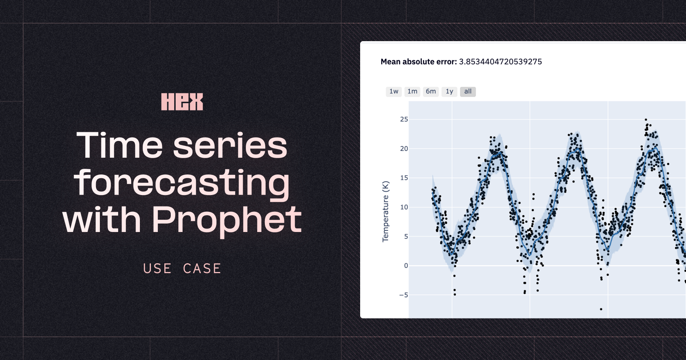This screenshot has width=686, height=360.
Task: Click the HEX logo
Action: tap(182, 102)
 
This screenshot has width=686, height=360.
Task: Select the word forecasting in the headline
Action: tap(182, 183)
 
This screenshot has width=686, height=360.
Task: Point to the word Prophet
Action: tap(227, 220)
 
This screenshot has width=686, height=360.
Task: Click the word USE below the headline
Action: tap(157, 269)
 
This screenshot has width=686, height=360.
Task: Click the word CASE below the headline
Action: tap(202, 269)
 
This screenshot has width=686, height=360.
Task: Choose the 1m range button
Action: tap(412, 91)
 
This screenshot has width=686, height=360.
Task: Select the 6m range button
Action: tap(431, 91)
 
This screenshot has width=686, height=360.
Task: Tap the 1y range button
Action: tap(449, 91)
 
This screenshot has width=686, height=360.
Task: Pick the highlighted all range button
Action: tap(468, 91)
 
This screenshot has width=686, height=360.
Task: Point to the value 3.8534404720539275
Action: tap(500, 62)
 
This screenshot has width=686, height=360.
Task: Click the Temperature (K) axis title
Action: tap(386, 211)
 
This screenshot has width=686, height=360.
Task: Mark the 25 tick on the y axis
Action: tap(404, 119)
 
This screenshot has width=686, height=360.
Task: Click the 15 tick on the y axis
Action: tap(404, 178)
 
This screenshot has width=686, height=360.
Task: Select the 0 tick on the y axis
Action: tap(406, 266)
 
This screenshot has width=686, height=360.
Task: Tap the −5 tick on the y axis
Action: tap(404, 295)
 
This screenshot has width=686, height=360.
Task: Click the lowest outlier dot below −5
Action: tap(601, 309)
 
